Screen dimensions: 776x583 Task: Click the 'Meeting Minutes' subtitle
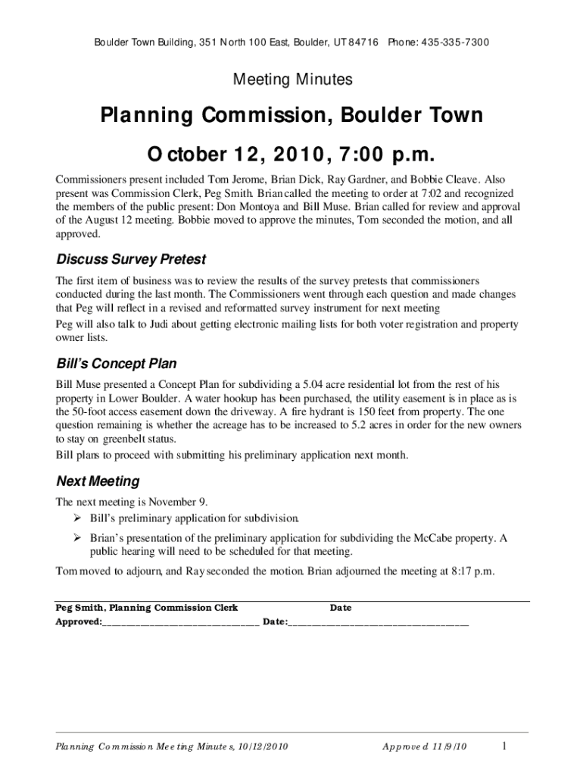pos(291,79)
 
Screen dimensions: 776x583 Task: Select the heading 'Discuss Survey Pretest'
pos(131,259)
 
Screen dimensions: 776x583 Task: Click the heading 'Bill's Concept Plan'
pos(117,363)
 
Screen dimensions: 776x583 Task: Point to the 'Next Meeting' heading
pos(98,481)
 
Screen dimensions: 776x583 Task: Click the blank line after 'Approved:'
pos(181,622)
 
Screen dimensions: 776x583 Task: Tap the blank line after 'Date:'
pos(379,622)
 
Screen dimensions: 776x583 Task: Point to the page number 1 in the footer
pos(503,746)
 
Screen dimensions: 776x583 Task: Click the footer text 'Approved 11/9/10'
pos(425,747)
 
